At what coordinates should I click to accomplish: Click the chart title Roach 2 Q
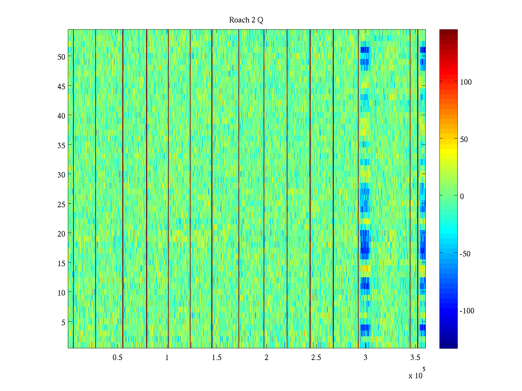coord(246,20)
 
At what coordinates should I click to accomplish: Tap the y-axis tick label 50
coord(61,57)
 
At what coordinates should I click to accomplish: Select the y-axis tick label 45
coord(61,86)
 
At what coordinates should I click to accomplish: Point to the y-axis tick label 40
coord(61,116)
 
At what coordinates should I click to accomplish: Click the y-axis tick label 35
coord(61,145)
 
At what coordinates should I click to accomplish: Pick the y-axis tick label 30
coord(61,175)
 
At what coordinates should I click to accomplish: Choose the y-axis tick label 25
coord(61,204)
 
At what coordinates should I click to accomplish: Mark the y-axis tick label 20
coord(61,234)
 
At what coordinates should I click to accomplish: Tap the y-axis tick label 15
coord(61,263)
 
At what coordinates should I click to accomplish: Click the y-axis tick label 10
coord(61,293)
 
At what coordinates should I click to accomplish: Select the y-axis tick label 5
coord(63,322)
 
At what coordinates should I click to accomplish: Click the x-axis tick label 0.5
coord(117,358)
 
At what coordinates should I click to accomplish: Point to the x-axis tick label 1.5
coord(217,358)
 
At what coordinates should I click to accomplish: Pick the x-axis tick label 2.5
coord(316,358)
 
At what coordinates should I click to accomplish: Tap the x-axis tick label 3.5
coord(415,358)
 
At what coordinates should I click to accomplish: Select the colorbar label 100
coord(466,82)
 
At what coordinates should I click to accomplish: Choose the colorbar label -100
coord(467,311)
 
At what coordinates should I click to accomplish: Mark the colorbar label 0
coord(462,196)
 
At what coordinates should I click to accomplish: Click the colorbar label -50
coord(465,254)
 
